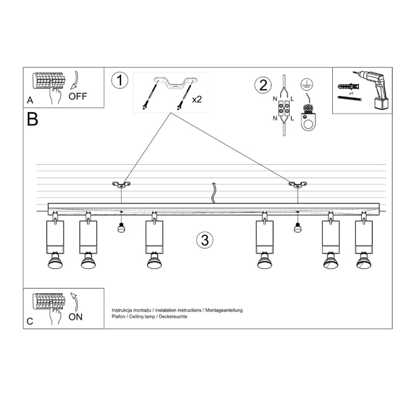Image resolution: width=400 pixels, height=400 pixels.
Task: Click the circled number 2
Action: coord(262,86)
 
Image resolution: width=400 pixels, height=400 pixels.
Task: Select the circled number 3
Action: coord(204,240)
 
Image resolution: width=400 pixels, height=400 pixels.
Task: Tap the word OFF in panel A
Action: coord(78,96)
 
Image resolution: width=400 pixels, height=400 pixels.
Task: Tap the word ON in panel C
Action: coord(76,317)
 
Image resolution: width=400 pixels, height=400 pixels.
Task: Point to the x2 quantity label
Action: coord(197,100)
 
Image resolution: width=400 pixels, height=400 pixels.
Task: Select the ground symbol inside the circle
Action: coord(304,84)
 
